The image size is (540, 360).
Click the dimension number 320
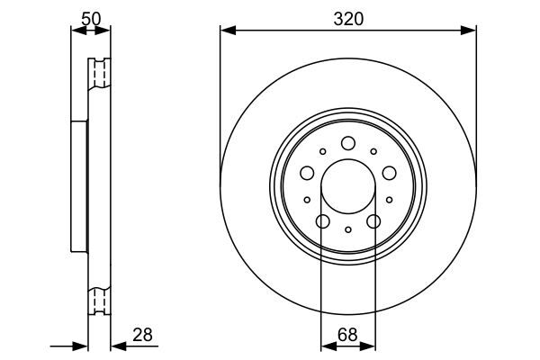[347, 18]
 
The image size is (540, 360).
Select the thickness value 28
[142, 335]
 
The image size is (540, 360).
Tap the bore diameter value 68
[347, 335]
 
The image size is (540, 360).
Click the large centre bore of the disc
[348, 187]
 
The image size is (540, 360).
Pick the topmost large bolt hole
[348, 143]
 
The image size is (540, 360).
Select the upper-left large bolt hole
[307, 173]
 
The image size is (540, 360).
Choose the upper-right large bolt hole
[390, 173]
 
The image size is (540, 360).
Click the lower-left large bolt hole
[322, 222]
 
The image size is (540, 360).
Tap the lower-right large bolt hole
[374, 222]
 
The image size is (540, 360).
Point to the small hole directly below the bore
[348, 231]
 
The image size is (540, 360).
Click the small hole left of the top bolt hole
[322, 152]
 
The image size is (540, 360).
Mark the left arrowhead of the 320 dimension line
[226, 31]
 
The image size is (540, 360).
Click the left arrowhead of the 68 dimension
[326, 345]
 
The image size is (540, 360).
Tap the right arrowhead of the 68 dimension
[370, 345]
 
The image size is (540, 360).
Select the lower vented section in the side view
[98, 301]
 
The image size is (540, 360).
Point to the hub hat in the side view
[80, 187]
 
